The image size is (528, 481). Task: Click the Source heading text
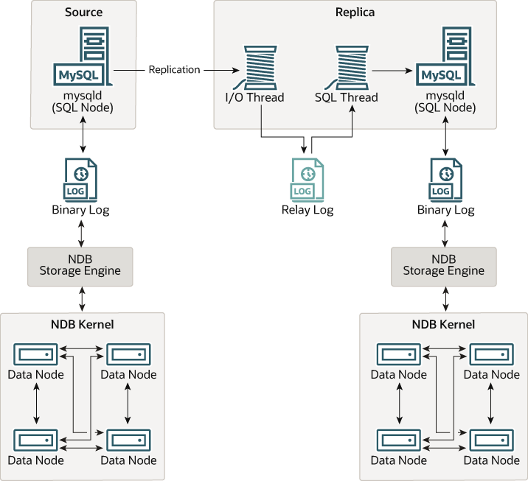[x=83, y=13]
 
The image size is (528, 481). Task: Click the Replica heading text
[x=355, y=13]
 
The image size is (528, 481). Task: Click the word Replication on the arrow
[x=174, y=70]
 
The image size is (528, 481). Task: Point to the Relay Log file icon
[x=307, y=179]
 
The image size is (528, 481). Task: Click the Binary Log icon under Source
[x=81, y=179]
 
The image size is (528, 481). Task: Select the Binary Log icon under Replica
[x=445, y=179]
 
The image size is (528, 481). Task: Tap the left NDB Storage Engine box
[x=80, y=265]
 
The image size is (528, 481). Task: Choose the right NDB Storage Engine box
[x=444, y=265]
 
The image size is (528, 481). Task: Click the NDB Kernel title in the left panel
[x=81, y=324]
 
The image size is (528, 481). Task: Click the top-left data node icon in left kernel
[x=36, y=354]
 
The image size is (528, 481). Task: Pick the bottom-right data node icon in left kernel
[x=128, y=440]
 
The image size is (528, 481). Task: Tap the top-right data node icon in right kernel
[x=491, y=354]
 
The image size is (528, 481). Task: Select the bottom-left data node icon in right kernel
[x=399, y=440]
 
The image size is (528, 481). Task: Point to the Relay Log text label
[x=308, y=210]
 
